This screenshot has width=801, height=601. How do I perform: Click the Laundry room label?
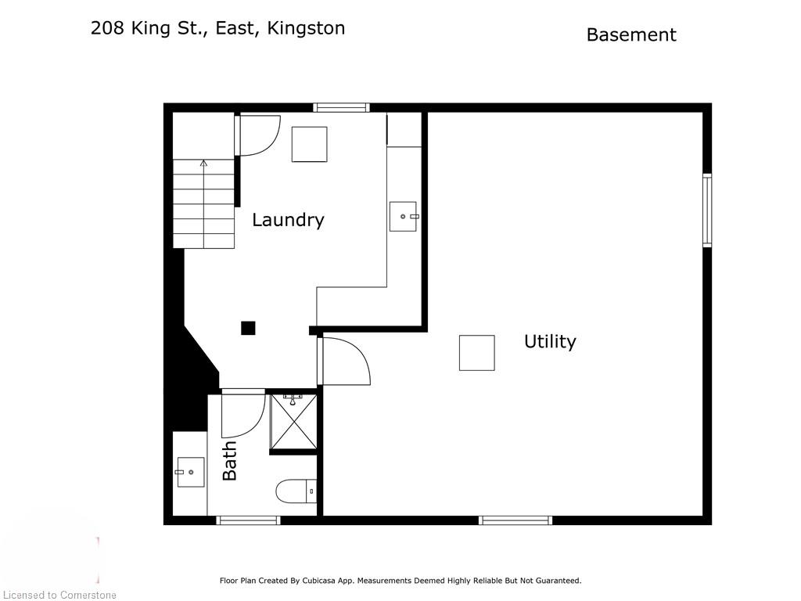288,220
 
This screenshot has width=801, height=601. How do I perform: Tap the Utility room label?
550,341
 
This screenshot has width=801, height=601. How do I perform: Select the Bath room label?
230,461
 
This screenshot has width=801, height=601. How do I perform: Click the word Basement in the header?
631,34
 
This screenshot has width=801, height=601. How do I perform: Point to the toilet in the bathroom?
296,491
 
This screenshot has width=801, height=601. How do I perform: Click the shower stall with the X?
293,423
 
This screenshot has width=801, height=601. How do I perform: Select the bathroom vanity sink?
190,472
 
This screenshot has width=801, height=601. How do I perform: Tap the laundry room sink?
403,216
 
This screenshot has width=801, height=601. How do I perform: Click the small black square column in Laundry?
248,328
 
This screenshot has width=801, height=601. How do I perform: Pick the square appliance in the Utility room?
476,352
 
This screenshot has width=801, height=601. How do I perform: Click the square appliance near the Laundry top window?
309,144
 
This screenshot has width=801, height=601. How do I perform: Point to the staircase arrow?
203,164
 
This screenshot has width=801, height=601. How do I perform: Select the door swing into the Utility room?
346,361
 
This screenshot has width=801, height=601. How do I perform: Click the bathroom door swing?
242,415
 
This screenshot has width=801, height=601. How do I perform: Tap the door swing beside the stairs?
260,135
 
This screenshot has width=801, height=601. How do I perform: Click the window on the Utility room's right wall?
707,210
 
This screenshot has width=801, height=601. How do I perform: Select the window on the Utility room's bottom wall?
515,520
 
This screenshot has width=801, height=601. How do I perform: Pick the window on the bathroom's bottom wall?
248,520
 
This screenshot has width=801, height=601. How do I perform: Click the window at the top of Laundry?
341,107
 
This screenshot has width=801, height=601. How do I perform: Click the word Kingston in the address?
306,28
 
